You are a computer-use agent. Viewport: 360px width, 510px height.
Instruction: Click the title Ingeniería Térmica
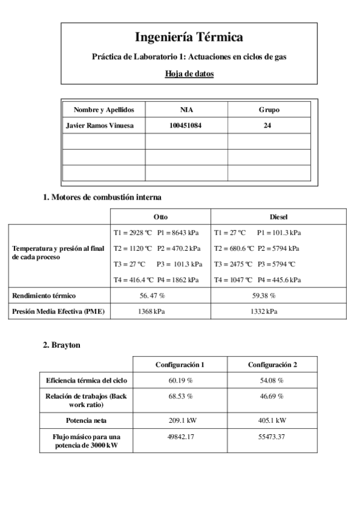click(x=189, y=37)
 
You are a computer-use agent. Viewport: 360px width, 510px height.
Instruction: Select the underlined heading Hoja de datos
click(x=189, y=74)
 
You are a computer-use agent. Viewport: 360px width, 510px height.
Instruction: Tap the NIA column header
click(x=186, y=109)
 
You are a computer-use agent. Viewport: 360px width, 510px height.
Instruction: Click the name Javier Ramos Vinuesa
click(x=100, y=126)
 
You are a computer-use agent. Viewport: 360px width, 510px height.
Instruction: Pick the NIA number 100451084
click(x=186, y=126)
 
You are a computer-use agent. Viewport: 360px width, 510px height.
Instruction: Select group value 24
click(x=268, y=126)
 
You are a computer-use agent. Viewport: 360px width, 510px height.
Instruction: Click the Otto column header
click(x=160, y=217)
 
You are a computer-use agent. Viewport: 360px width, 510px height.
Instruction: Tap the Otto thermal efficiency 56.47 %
click(x=152, y=296)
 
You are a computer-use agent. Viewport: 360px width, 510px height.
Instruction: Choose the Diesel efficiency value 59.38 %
click(x=263, y=296)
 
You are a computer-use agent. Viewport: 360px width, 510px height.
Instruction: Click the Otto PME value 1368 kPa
click(x=151, y=312)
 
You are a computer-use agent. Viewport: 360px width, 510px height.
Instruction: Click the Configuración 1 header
click(x=180, y=364)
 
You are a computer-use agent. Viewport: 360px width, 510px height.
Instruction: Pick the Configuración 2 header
click(x=272, y=364)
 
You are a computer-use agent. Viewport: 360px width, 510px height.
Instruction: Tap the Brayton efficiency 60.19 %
click(x=180, y=381)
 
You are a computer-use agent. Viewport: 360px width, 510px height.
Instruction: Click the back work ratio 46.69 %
click(x=272, y=396)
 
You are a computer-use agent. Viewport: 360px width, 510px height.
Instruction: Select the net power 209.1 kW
click(x=180, y=420)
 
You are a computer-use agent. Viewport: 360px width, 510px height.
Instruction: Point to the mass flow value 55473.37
click(x=272, y=436)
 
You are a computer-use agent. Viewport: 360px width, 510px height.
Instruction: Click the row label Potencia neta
click(x=87, y=420)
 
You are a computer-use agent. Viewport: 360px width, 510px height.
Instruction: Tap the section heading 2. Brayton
click(x=62, y=345)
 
